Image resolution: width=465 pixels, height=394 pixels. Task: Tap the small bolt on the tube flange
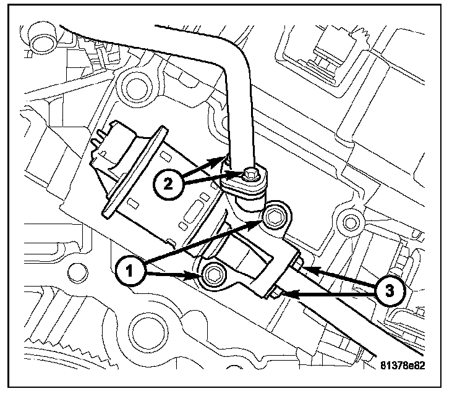click(250, 175)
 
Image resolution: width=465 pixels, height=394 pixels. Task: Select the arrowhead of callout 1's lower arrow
click(195, 274)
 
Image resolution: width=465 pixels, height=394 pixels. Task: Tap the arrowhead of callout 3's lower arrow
click(288, 295)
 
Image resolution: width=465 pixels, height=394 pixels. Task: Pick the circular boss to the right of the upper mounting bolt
click(351, 220)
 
